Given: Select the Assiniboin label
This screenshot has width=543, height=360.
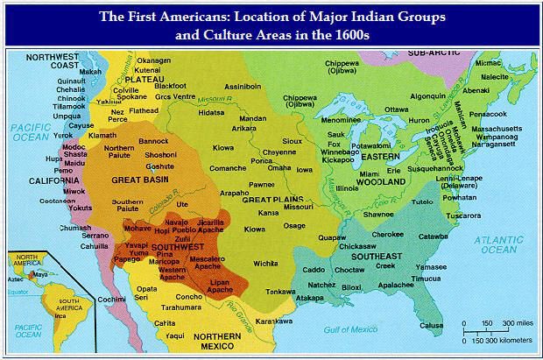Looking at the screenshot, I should [x=242, y=88].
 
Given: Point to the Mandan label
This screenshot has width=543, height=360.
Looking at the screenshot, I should [x=253, y=118].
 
